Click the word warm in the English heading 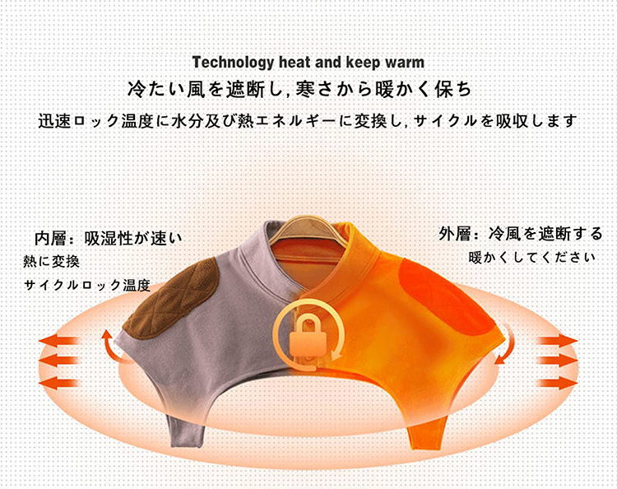pyautogui.click(x=405, y=63)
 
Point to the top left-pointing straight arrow pyautogui.click(x=58, y=340)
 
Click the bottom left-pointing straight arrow pyautogui.click(x=58, y=383)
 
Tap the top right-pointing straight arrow pyautogui.click(x=558, y=340)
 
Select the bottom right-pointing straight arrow pyautogui.click(x=558, y=383)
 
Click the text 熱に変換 pyautogui.click(x=51, y=262)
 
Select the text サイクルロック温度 pyautogui.click(x=87, y=285)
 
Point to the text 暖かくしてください pyautogui.click(x=532, y=258)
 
